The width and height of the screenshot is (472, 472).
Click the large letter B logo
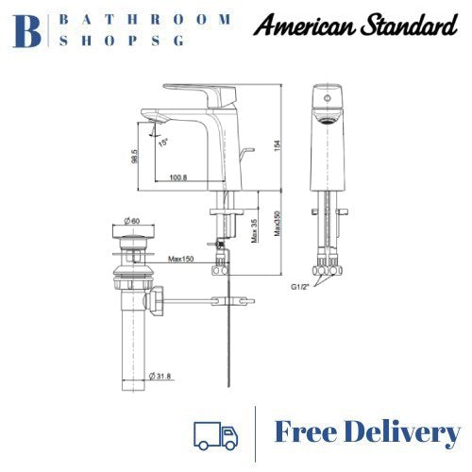point(26,29)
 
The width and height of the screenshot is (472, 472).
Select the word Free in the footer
point(309,432)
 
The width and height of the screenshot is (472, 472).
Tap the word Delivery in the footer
point(405,432)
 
